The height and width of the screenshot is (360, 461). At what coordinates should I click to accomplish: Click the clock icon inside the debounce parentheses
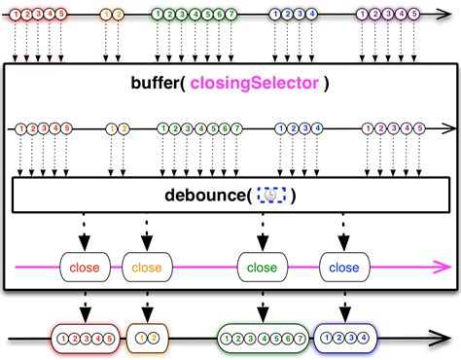point(270,196)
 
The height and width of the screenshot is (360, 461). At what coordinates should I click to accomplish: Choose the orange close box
point(146,267)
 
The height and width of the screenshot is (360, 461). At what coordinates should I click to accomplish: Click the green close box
point(262,267)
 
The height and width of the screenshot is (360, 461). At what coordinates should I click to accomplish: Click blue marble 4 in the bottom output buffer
point(365,339)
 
